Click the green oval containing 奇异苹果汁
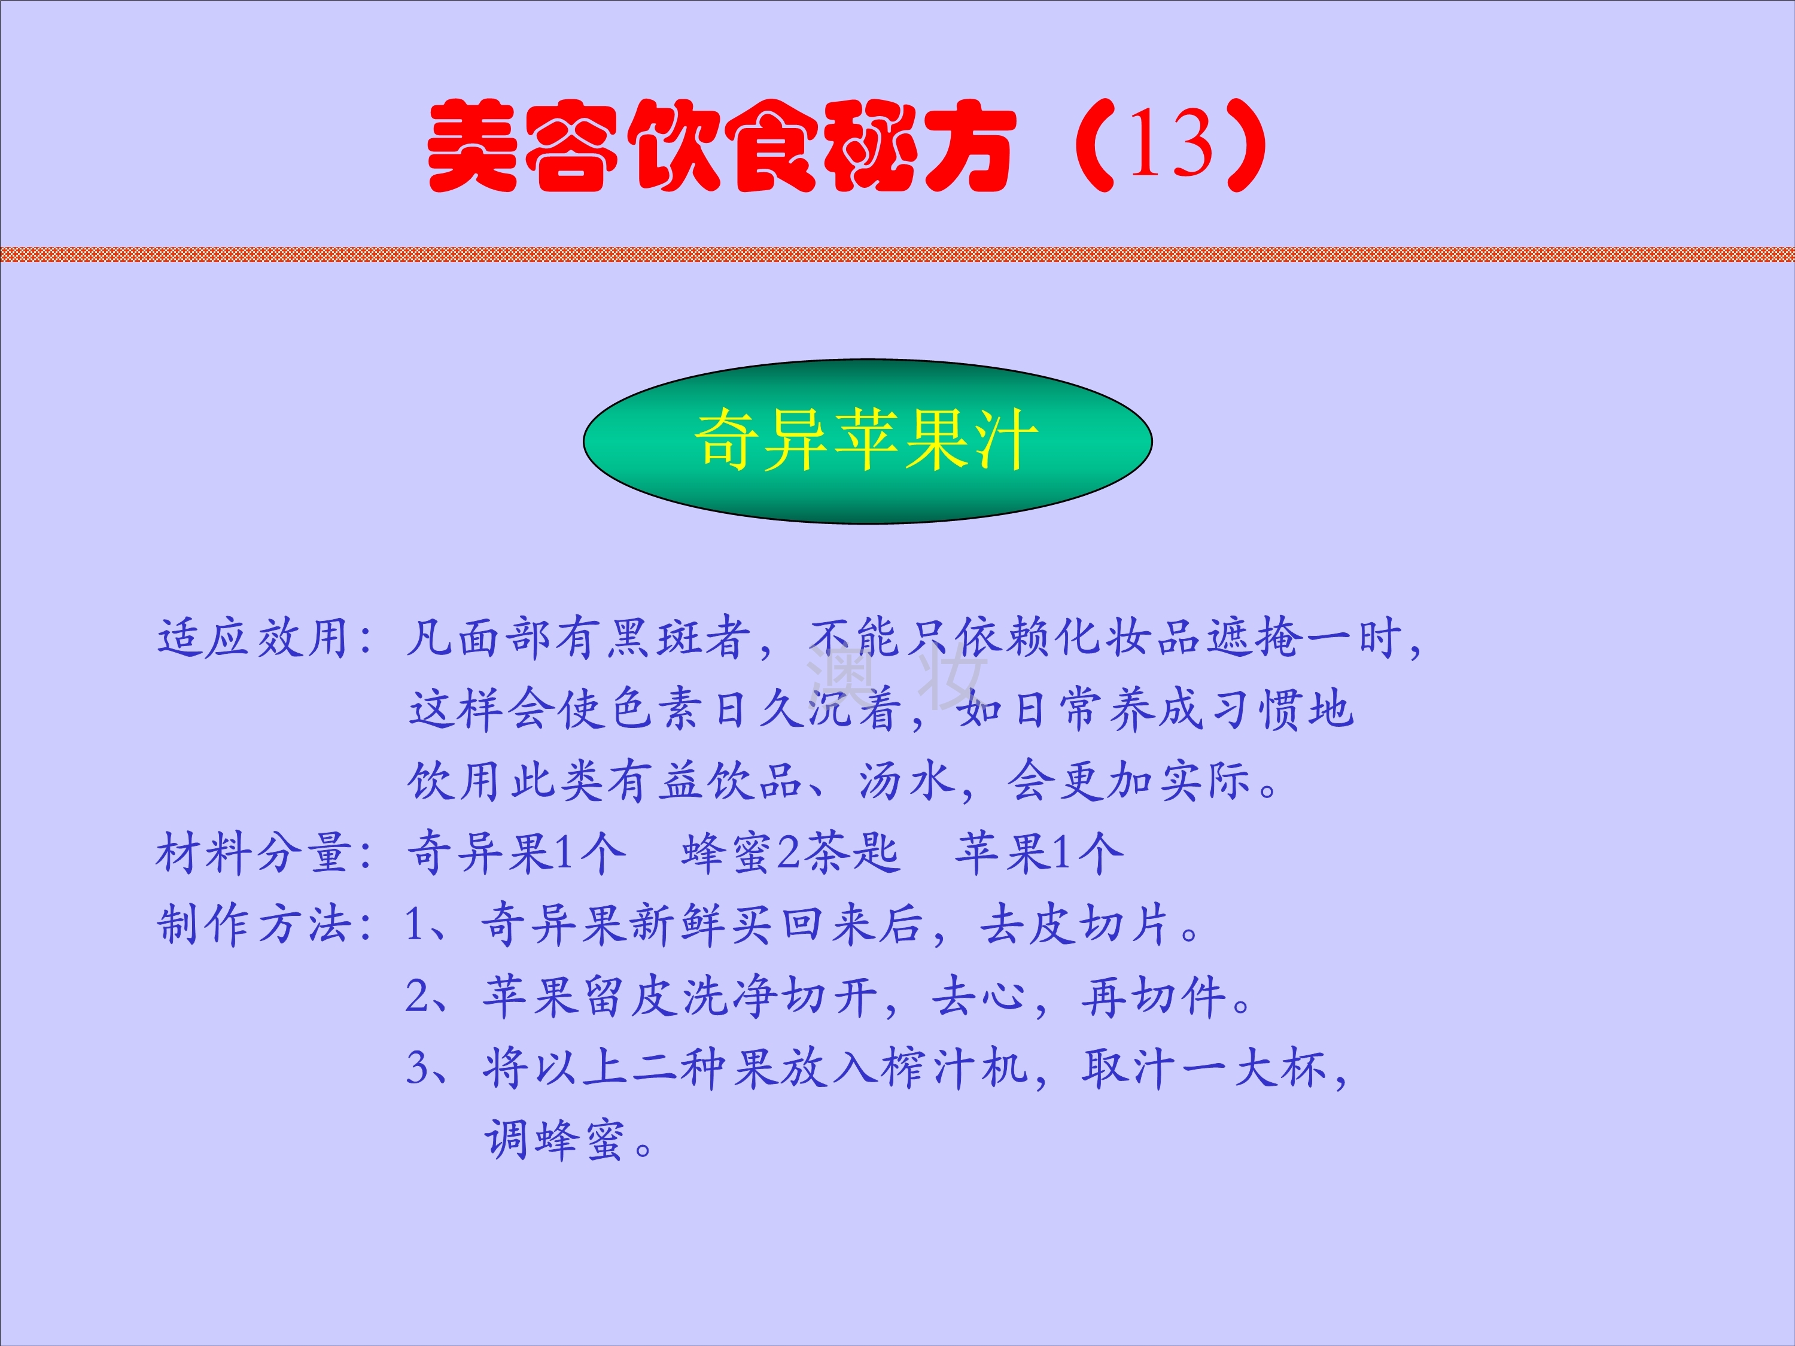coord(868,441)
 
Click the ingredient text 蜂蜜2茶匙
coord(790,854)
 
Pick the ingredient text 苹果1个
coord(1039,854)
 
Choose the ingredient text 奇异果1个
coord(516,854)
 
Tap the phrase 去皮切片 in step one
coord(1075,925)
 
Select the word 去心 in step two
coord(979,996)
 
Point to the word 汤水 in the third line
coord(906,781)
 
